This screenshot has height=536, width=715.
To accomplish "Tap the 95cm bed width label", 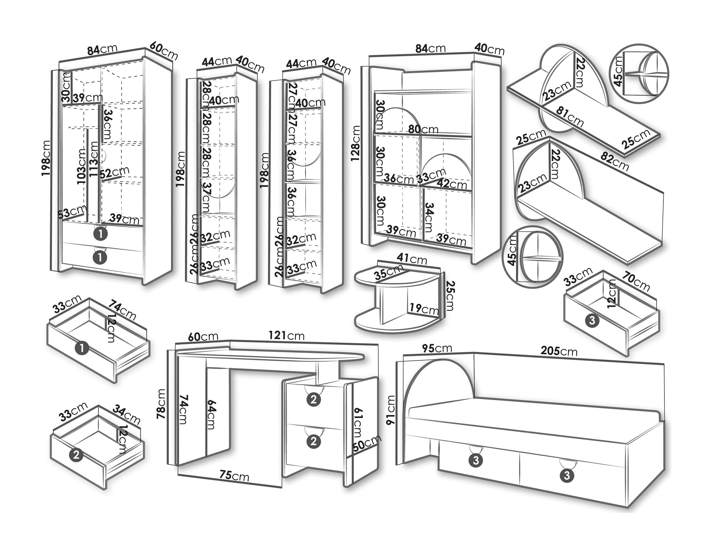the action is [x=437, y=348].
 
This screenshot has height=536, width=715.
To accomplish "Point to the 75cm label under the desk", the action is [x=234, y=476].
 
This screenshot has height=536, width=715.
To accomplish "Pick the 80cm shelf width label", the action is [x=423, y=129].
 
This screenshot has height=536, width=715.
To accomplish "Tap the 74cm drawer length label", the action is [x=122, y=310].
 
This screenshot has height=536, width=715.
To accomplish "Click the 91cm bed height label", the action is [x=391, y=410].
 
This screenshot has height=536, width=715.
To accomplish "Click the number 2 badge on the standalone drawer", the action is [x=76, y=455].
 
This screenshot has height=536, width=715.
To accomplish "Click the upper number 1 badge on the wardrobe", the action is [x=100, y=234].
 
